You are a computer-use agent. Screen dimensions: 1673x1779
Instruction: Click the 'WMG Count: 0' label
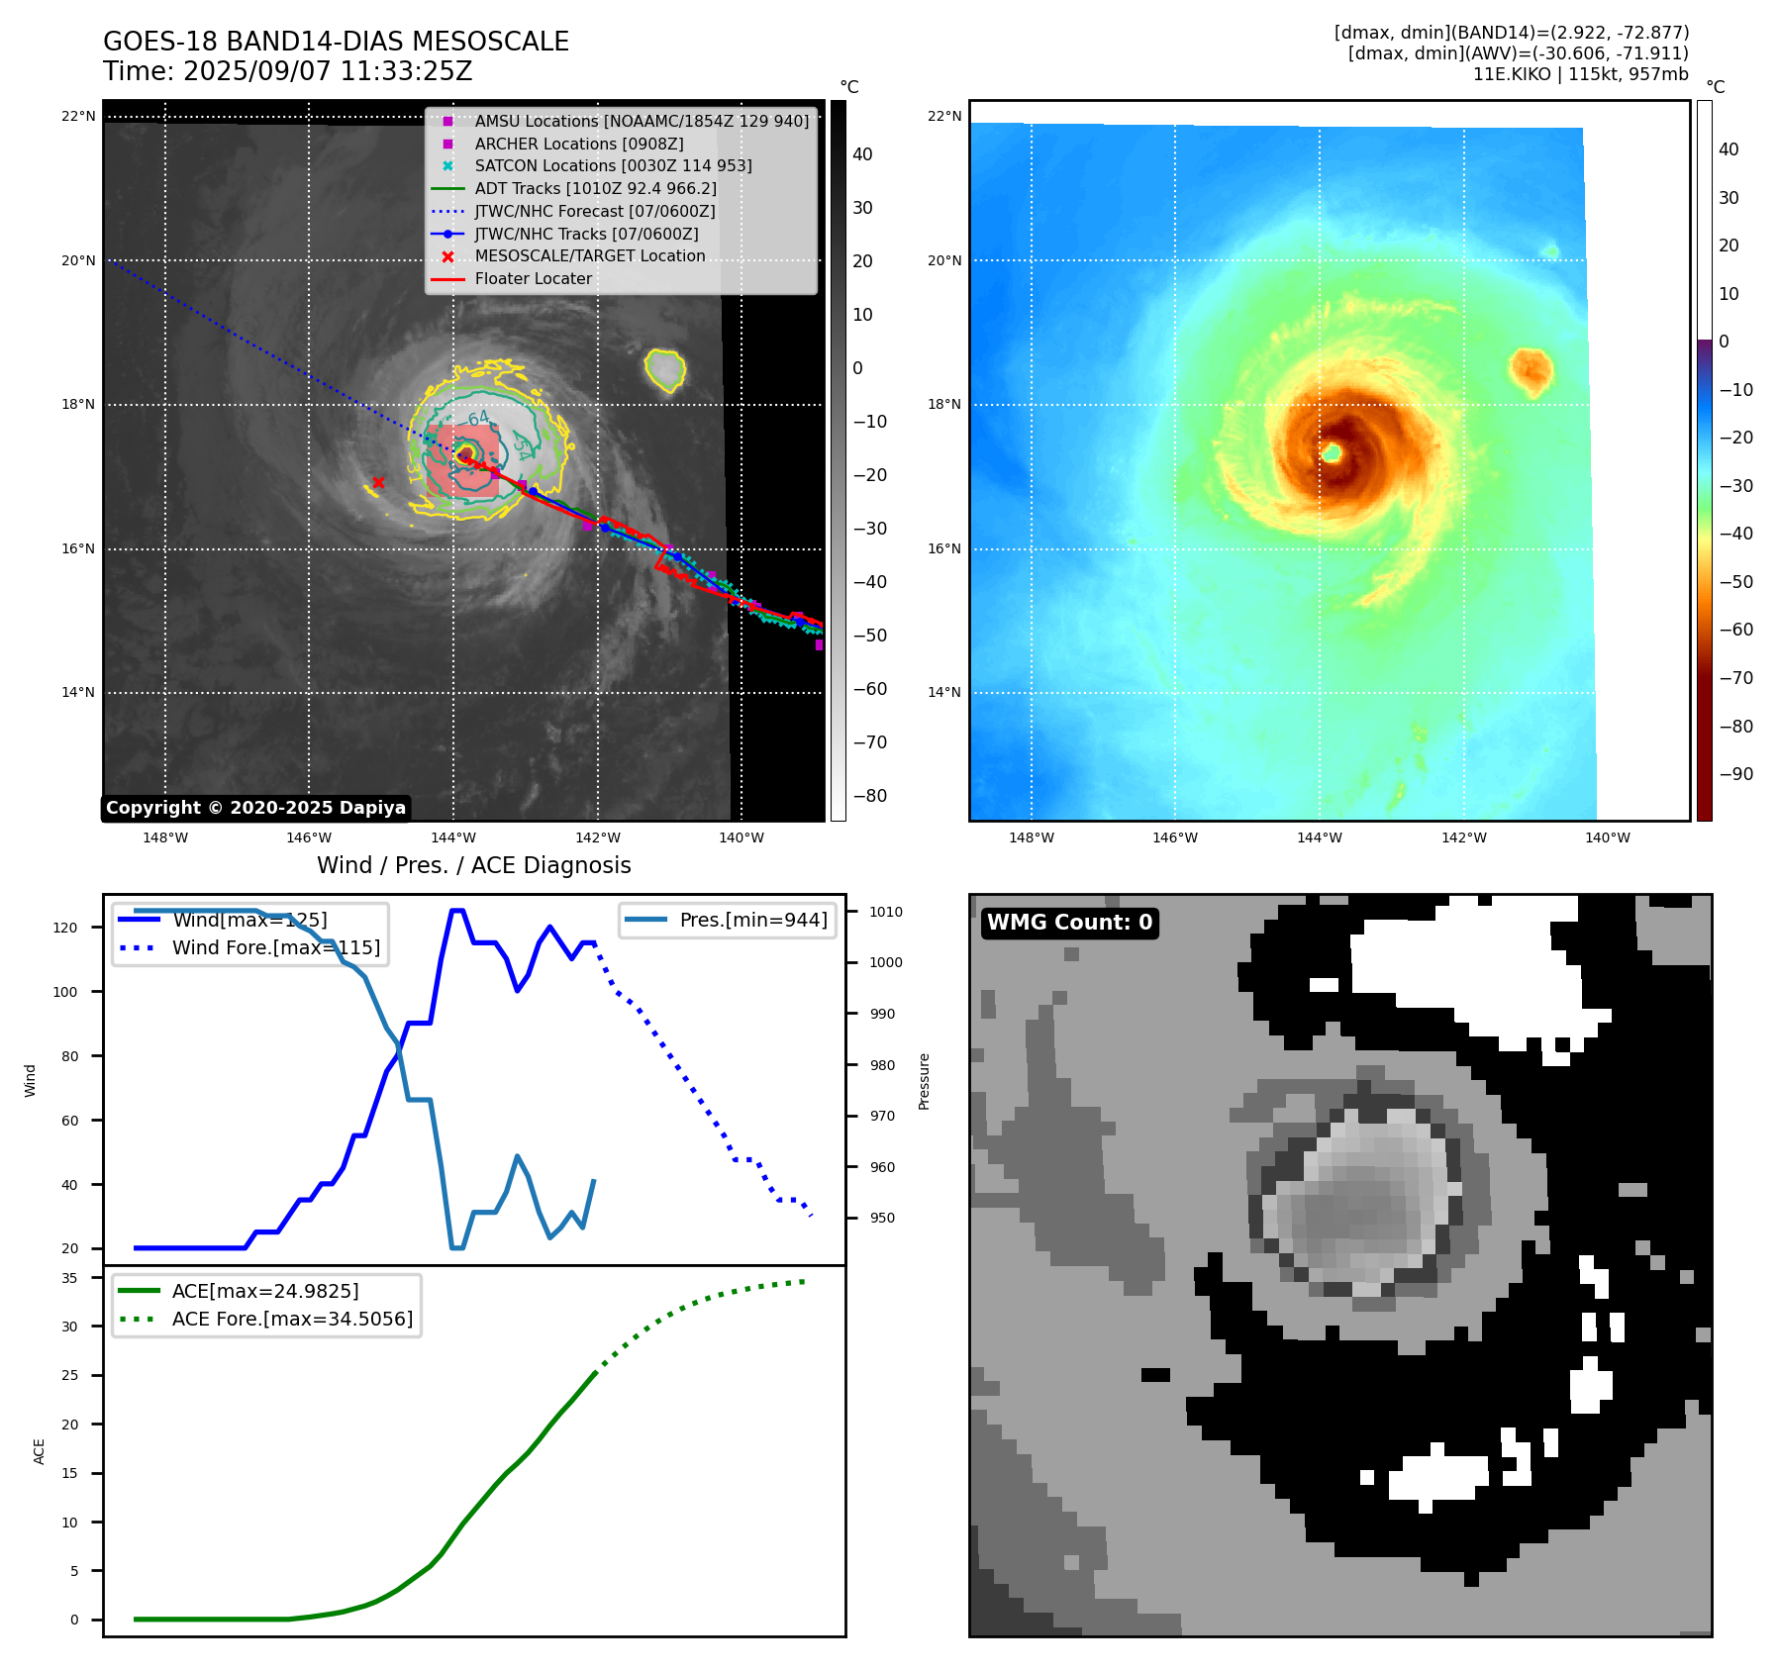click(x=1069, y=923)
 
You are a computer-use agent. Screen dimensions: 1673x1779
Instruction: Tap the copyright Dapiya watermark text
click(x=255, y=808)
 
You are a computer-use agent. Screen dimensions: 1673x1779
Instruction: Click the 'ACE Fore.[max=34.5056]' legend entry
click(x=292, y=1319)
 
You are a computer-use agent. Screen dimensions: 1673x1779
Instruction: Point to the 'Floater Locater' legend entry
click(x=533, y=279)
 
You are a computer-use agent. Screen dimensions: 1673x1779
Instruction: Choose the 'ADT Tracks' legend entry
click(x=595, y=188)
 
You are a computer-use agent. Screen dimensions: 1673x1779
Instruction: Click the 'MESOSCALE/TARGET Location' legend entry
click(x=590, y=256)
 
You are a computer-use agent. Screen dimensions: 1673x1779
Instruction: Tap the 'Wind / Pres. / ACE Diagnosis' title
click(x=473, y=865)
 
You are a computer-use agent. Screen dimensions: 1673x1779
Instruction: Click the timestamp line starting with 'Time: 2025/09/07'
click(x=287, y=72)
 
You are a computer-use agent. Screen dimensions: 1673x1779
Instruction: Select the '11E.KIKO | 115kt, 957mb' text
click(x=1580, y=74)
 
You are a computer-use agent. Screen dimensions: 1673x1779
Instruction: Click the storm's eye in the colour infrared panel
click(x=1333, y=452)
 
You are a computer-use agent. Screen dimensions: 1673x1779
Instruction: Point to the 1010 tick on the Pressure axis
click(x=886, y=912)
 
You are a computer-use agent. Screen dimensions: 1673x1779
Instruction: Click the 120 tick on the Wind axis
click(x=65, y=928)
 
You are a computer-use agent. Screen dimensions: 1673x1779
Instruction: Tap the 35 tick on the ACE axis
click(x=69, y=1278)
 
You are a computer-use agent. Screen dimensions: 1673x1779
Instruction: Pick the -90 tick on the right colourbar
click(x=1735, y=774)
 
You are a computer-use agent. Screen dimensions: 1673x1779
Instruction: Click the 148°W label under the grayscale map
click(x=165, y=838)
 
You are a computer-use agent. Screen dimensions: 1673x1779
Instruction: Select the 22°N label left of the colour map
click(x=943, y=117)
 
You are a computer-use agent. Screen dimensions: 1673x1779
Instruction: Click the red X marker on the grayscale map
click(x=378, y=482)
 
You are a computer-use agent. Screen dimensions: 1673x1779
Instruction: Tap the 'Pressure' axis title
click(x=924, y=1081)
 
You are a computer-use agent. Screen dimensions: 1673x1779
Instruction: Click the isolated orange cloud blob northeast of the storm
click(x=1531, y=369)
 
